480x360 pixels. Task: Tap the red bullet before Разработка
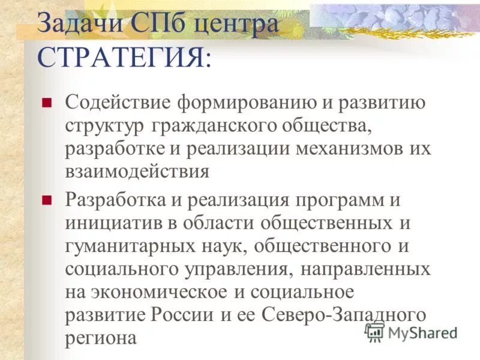pos(46,199)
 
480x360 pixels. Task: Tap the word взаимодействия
pos(137,172)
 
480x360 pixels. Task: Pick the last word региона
pos(101,339)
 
